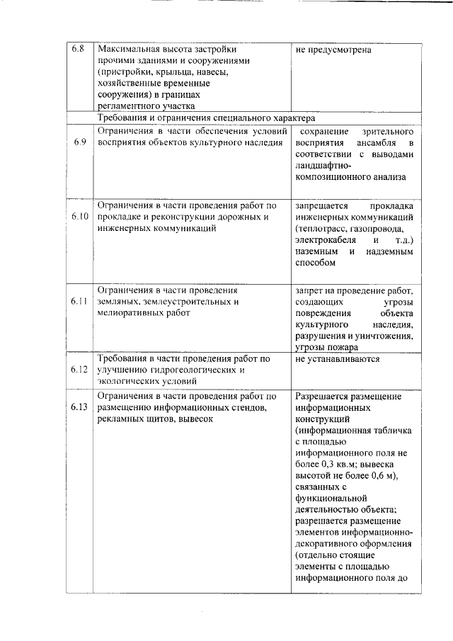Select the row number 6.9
[79, 142]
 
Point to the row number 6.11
[79, 301]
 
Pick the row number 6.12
[79, 369]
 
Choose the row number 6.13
[79, 407]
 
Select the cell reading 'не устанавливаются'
[338, 359]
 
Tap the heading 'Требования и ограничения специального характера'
[206, 118]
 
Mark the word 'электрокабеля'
[326, 240]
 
